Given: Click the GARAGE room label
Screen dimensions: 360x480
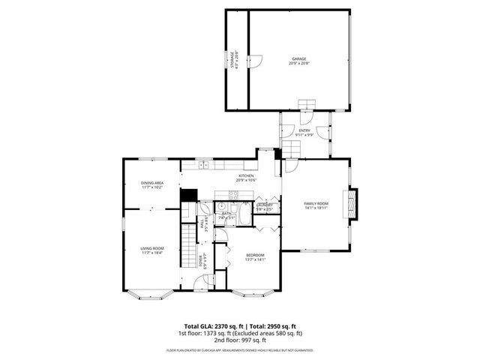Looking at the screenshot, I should click(x=299, y=58).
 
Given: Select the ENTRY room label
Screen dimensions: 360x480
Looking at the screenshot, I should click(x=304, y=130).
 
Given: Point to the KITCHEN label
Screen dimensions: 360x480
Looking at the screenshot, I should click(x=247, y=176).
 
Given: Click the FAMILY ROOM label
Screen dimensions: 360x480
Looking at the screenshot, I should click(x=316, y=204).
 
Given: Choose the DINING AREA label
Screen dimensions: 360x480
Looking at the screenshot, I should click(x=152, y=183).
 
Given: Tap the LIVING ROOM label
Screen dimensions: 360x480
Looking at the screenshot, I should click(x=152, y=248).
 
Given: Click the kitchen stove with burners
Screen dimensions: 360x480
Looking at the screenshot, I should click(x=233, y=197).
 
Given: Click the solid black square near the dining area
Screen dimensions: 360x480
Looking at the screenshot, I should click(x=188, y=195).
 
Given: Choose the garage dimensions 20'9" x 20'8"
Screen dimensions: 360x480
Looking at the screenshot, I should click(x=299, y=63).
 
